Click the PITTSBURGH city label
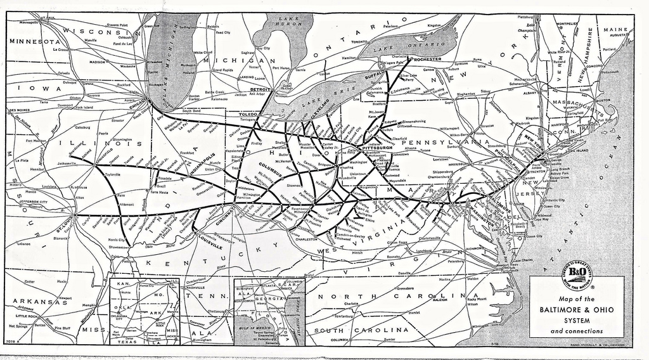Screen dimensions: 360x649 [x=377, y=147]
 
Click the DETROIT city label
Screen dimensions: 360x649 [x=260, y=89]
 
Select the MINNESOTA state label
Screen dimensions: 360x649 [x=33, y=41]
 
